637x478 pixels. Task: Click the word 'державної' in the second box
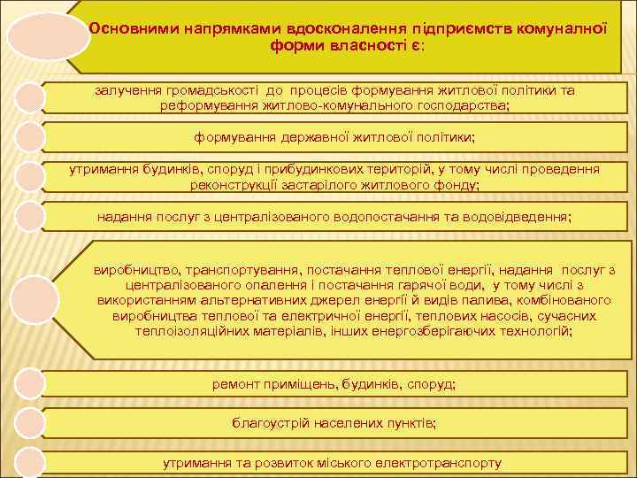[317, 137]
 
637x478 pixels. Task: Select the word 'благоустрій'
[269, 423]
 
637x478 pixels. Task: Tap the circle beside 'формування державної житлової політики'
[29, 138]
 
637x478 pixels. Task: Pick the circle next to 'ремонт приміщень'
[29, 383]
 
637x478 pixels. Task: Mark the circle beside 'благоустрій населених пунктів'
[29, 422]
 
